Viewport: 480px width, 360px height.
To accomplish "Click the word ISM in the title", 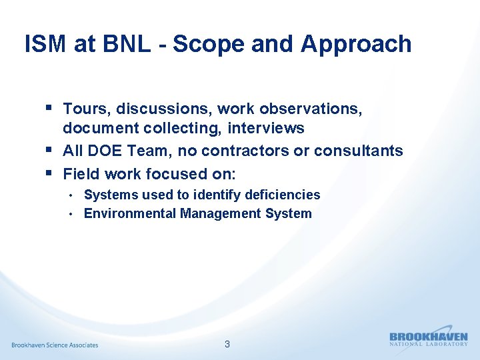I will (46, 44).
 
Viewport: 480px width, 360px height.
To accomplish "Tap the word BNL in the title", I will (124, 44).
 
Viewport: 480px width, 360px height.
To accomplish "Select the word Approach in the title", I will (356, 44).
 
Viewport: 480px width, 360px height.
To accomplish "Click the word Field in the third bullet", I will (79, 174).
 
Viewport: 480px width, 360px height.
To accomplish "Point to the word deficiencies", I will (282, 195).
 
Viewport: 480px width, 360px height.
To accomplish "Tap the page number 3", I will (227, 345).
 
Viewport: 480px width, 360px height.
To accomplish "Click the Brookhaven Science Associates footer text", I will (55, 345).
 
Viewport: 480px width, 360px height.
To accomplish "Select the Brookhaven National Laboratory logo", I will (428, 339).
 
